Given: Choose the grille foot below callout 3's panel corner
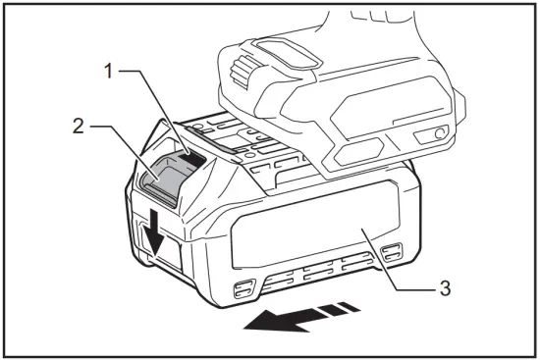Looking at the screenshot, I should pos(391,252).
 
